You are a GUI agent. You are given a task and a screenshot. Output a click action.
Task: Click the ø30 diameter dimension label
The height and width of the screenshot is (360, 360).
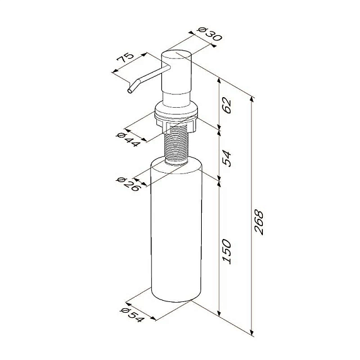(210, 34)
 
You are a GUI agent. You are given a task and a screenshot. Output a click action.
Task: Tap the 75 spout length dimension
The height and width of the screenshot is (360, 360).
(125, 57)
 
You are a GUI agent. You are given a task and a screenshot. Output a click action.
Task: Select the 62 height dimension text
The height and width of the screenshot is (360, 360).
(227, 105)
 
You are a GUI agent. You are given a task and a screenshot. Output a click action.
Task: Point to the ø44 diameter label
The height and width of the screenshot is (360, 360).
(128, 139)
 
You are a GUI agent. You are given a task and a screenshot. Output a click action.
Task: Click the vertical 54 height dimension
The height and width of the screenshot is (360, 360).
(227, 158)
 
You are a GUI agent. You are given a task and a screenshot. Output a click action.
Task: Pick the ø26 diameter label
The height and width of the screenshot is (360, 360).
(128, 184)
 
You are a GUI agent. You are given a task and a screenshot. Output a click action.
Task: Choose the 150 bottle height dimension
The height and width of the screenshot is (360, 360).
(227, 251)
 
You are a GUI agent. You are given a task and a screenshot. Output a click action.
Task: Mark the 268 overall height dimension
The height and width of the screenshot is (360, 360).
(258, 222)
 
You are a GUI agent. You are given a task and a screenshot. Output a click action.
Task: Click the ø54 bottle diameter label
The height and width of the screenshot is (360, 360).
(132, 315)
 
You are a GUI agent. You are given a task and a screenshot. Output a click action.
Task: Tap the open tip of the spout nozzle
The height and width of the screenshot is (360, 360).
(130, 91)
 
